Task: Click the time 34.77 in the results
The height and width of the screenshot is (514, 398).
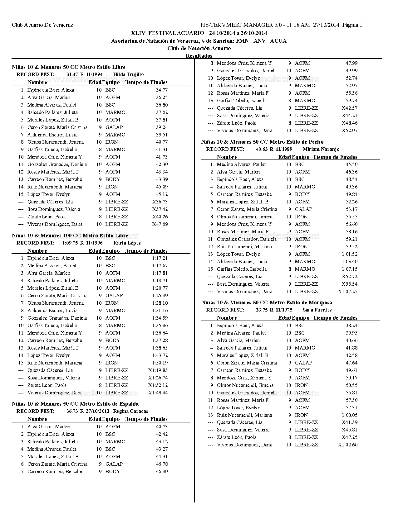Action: coord(162,90)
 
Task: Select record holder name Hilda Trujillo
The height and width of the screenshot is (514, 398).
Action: coord(128,74)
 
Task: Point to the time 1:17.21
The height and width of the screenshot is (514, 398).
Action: coord(160,258)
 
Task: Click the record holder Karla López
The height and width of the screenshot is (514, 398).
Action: coord(127,243)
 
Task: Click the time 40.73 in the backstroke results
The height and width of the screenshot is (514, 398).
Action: coord(162,427)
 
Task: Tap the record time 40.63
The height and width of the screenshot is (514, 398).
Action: coord(262,149)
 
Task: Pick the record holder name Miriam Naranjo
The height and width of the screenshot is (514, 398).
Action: coord(321,149)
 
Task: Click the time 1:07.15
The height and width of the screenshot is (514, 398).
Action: coord(350,269)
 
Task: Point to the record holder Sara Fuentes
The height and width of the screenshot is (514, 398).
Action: coord(317,310)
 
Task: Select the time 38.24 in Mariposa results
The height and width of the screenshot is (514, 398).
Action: coord(351,326)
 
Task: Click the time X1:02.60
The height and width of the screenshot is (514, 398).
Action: coord(347,445)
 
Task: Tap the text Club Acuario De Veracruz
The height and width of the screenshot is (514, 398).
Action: coord(42,25)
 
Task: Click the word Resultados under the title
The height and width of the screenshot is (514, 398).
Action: coord(199,56)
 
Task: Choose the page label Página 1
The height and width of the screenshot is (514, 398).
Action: coord(352,25)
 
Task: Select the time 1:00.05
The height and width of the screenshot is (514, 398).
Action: coord(350,415)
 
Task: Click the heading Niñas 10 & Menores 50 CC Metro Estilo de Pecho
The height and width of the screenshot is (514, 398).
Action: coord(262,142)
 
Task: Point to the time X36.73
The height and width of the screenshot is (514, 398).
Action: coord(160,202)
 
